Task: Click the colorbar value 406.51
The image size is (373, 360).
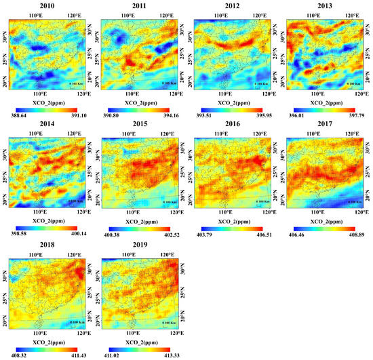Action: click(x=258, y=233)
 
